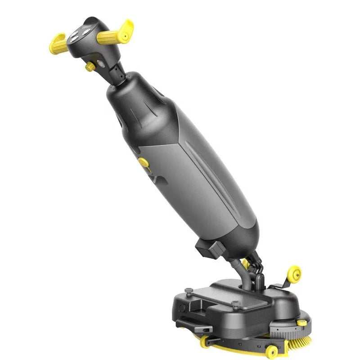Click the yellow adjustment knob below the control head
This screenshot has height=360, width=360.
(90, 67)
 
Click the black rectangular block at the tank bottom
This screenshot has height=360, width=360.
(208, 249)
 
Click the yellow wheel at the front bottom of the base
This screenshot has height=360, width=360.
(271, 351)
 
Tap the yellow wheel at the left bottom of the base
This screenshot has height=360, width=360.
(205, 341)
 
